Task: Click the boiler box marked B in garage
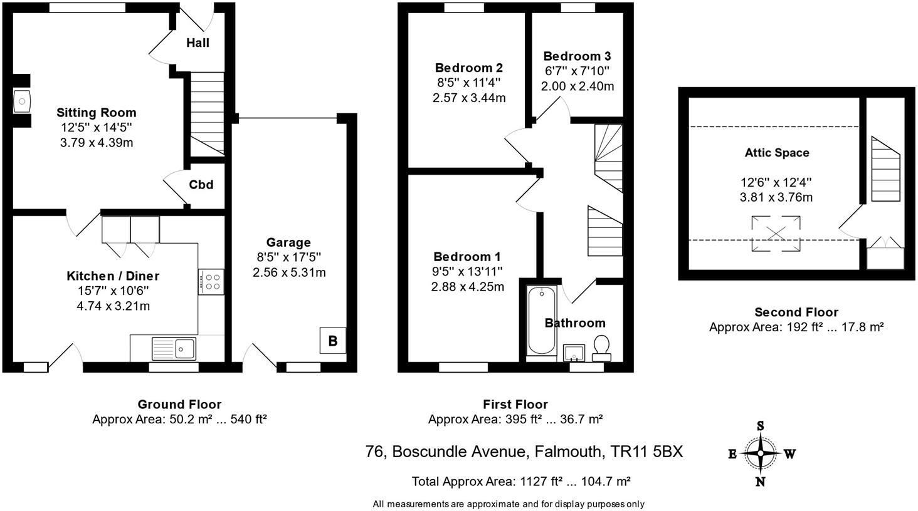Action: pos(333,341)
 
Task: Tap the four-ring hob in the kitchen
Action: pos(211,281)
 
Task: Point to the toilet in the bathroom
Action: pos(601,346)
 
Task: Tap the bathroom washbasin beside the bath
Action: pos(574,353)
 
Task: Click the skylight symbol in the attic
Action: pos(776,233)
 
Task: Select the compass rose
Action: pos(761,453)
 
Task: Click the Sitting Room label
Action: pos(96,113)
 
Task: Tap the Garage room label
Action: pos(288,242)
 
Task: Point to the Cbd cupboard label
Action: pos(201,185)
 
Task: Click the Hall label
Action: pos(198,43)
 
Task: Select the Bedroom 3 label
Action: pos(577,56)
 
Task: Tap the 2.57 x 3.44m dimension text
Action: pos(468,98)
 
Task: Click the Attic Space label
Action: pos(776,153)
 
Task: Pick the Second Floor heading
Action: pos(796,312)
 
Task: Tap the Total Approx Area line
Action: pos(520,481)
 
